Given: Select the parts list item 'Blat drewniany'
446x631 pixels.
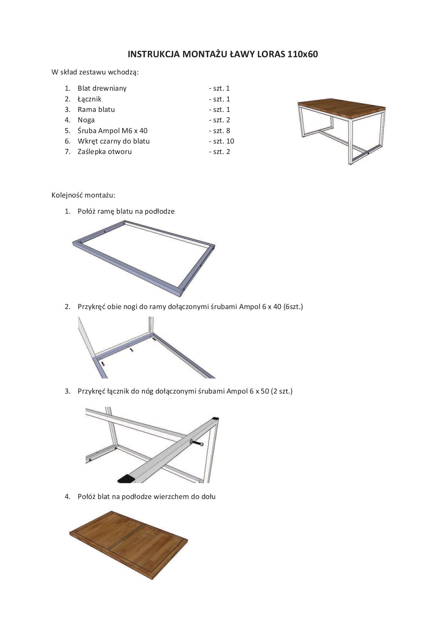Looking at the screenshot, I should point(102,88).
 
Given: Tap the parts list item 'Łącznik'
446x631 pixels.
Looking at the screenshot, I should point(90,99).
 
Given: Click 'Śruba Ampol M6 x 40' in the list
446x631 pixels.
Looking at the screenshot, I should point(113,131).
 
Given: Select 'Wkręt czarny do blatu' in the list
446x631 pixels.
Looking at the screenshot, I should point(114,141).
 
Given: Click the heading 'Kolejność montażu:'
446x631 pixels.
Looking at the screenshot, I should point(83,195).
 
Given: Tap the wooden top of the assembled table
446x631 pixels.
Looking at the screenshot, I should point(342,107).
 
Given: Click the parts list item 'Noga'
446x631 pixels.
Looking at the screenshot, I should point(86,120).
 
